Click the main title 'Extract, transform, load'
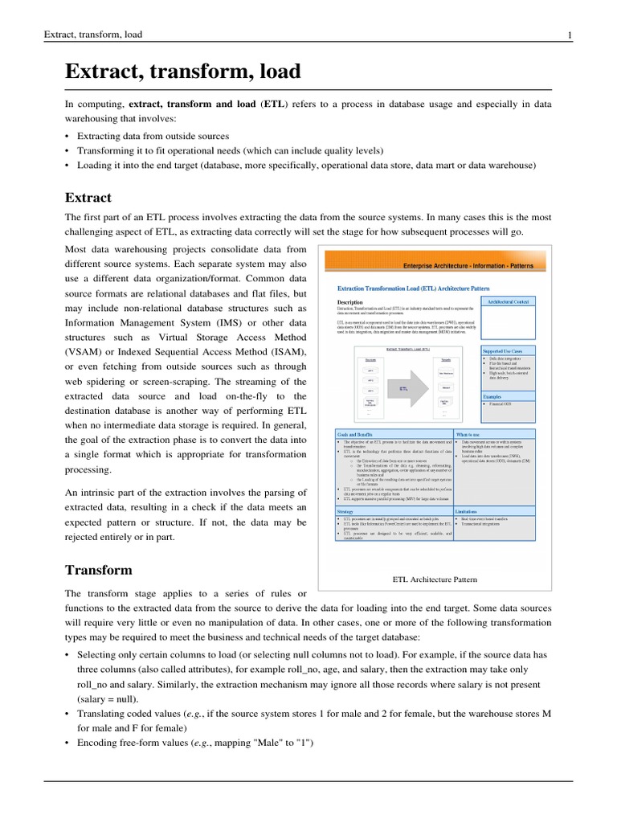pyautogui.click(x=182, y=72)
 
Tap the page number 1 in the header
pyautogui.click(x=570, y=35)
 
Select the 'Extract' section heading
pyautogui.click(x=88, y=197)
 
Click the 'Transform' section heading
pyautogui.click(x=98, y=570)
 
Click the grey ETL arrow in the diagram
pyautogui.click(x=406, y=387)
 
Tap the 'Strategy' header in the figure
pyautogui.click(x=346, y=510)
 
